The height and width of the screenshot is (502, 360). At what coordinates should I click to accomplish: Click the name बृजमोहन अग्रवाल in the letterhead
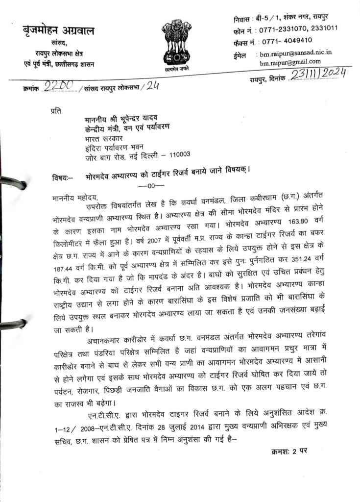pyautogui.click(x=59, y=31)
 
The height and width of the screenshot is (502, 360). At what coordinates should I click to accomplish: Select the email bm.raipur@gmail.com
pyautogui.click(x=290, y=62)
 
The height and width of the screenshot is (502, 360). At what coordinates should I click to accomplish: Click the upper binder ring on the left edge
pyautogui.click(x=12, y=183)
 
